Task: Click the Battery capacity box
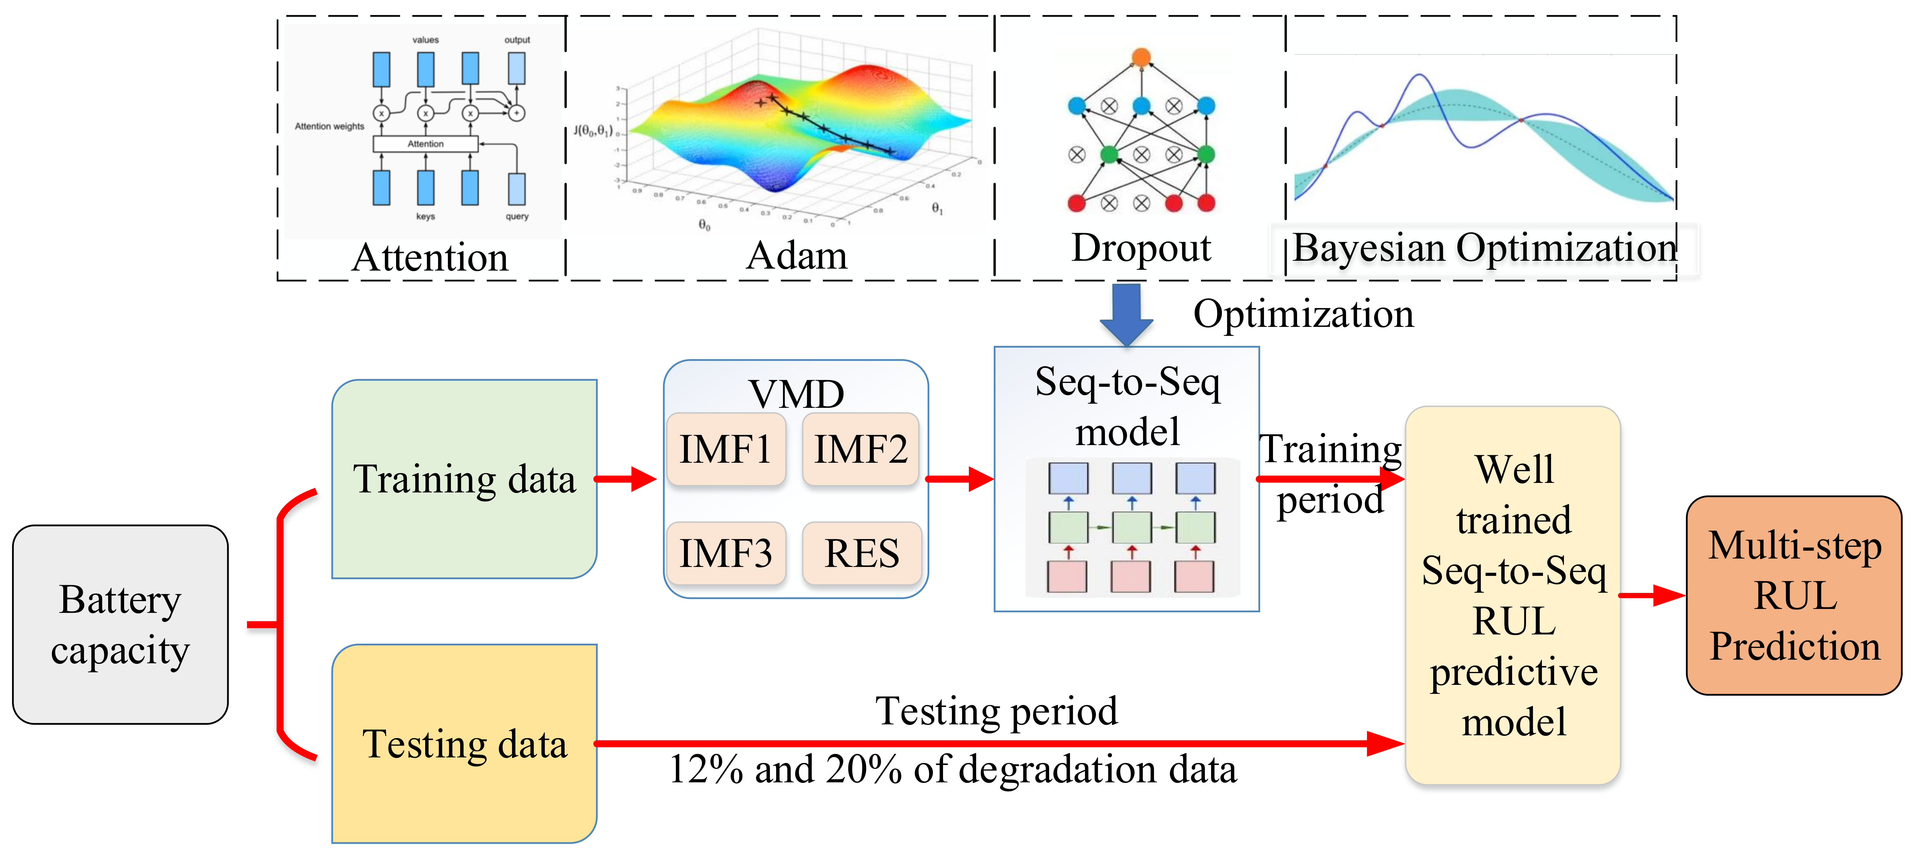click(x=121, y=625)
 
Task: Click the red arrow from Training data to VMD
click(x=625, y=479)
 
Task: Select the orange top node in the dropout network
click(x=1141, y=57)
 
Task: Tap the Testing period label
click(x=996, y=711)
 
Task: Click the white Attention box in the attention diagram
click(x=425, y=144)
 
